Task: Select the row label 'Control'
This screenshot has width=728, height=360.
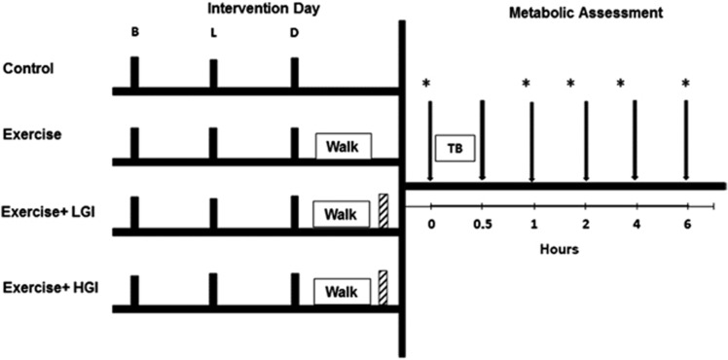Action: (27, 69)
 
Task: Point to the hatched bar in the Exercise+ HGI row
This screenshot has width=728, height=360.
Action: (383, 288)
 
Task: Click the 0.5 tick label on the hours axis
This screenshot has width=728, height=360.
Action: (482, 225)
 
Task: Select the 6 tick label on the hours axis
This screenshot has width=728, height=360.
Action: (687, 225)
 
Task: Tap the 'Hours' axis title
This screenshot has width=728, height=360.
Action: (561, 249)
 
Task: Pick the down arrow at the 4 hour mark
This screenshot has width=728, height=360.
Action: (635, 136)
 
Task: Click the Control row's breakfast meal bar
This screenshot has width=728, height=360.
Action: (135, 73)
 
